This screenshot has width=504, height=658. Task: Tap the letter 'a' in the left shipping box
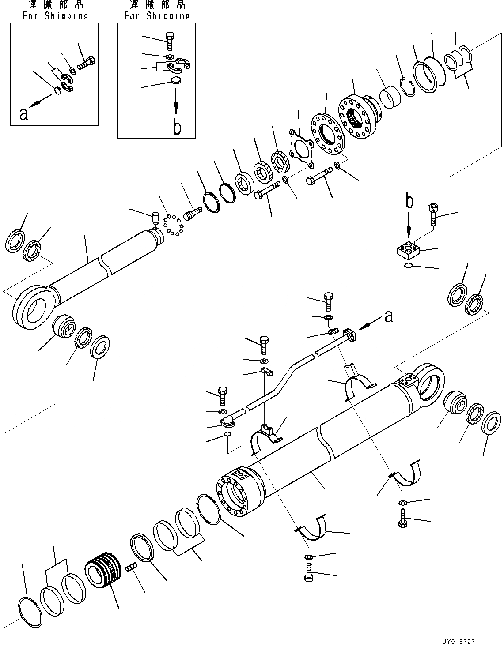tap(23, 114)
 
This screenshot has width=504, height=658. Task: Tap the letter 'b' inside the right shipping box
tap(177, 127)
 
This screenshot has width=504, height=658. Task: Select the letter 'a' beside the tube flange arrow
tap(388, 316)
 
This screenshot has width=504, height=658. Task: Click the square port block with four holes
tap(409, 251)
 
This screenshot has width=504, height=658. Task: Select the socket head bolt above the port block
tap(433, 214)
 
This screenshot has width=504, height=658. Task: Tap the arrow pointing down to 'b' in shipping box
tap(176, 102)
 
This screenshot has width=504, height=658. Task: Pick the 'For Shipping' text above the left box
tap(55, 16)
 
